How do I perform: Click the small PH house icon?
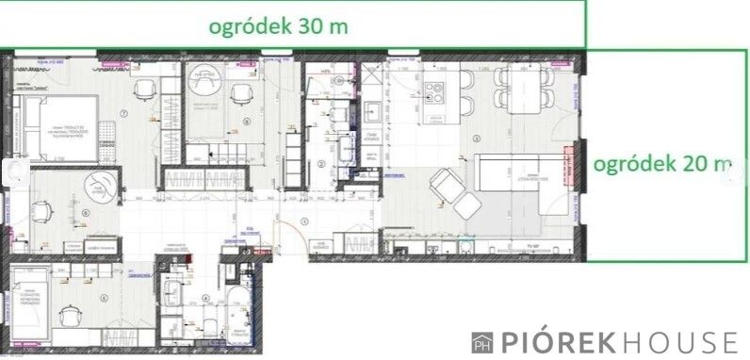coord(482,341)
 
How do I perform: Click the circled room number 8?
coord(246,122)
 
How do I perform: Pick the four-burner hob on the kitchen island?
coord(434,92)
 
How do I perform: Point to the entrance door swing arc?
coord(285,226)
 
